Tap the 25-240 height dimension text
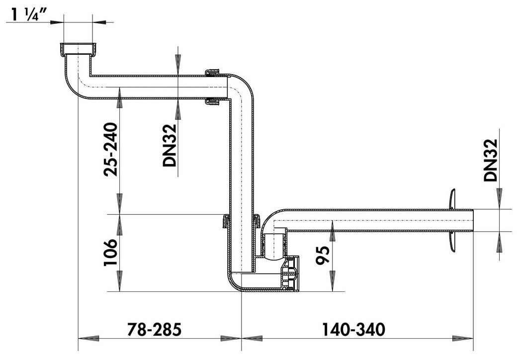(x=111, y=149)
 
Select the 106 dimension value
(x=111, y=252)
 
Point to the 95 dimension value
(x=323, y=255)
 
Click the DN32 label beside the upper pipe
(x=169, y=145)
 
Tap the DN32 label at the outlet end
(x=491, y=160)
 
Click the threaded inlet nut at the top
(x=78, y=49)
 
